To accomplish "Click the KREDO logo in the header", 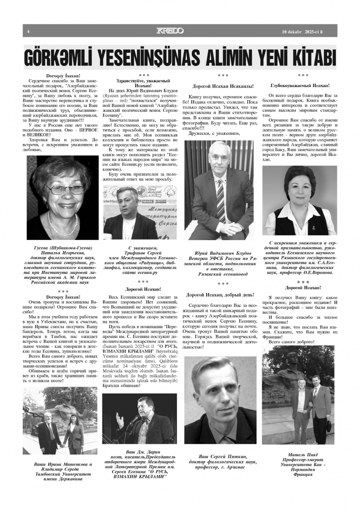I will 170,31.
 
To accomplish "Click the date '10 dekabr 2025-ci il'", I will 304,31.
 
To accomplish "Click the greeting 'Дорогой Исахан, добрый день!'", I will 220,295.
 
